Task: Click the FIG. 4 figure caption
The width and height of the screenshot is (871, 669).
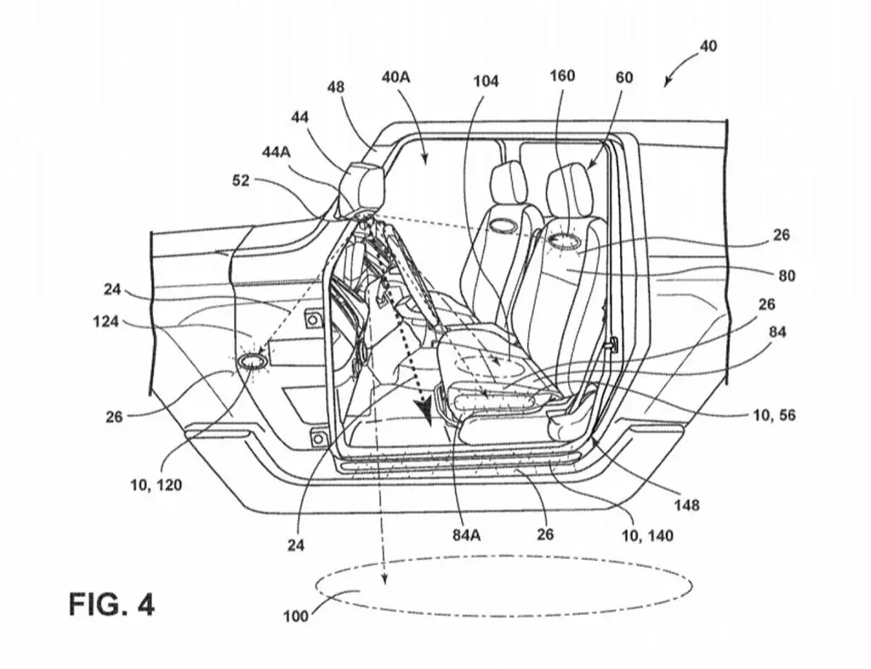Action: click(x=111, y=604)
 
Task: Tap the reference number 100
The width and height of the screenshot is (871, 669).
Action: click(x=295, y=616)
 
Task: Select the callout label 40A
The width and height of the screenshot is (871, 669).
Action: click(x=396, y=77)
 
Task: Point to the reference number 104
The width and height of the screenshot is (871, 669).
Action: click(x=486, y=82)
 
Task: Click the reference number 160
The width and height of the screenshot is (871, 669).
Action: click(x=562, y=76)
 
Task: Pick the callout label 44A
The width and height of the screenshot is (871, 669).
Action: click(x=276, y=152)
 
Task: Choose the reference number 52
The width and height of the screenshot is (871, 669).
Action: click(x=241, y=180)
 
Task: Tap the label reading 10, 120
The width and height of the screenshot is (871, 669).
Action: click(x=157, y=485)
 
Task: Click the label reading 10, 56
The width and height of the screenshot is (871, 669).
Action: click(x=774, y=415)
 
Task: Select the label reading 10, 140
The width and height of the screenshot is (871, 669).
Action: click(x=647, y=536)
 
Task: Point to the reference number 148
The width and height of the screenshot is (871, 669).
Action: click(x=686, y=505)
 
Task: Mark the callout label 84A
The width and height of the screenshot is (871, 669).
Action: click(x=467, y=536)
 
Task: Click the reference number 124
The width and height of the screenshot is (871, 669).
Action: click(x=105, y=320)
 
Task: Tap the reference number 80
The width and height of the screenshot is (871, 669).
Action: click(x=787, y=275)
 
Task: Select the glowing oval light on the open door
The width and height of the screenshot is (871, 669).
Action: click(x=253, y=361)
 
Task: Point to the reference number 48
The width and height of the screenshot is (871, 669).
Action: click(x=335, y=88)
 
